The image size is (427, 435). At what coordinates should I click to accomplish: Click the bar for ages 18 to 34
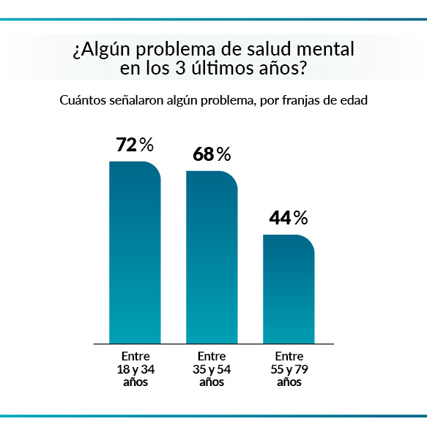pos(135,252)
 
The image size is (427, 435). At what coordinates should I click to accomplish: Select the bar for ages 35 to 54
pos(212,257)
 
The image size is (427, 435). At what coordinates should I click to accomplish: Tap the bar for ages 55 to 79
pos(289,289)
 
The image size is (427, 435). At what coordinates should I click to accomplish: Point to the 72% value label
pos(135,145)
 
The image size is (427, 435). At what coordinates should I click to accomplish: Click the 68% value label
pos(212,154)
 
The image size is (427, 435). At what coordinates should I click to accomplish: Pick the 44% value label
pos(289,218)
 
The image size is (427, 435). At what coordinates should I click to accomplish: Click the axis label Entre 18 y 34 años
pos(135,369)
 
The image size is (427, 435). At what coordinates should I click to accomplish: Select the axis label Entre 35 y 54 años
pos(212,369)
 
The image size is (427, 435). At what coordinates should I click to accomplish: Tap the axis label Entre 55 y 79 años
pos(289,369)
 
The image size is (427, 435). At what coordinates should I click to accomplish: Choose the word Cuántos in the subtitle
pos(83,100)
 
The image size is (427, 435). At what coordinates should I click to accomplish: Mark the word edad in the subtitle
pos(353,100)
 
